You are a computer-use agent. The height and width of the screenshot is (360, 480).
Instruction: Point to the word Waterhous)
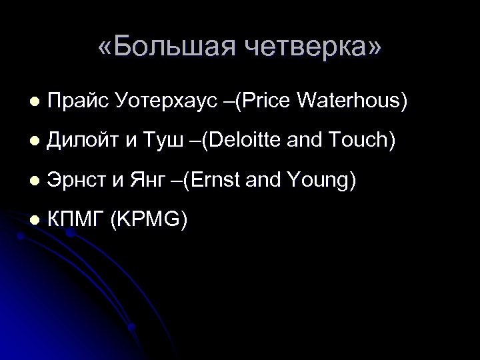pos(352,102)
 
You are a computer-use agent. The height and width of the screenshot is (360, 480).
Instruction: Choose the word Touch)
pos(361,141)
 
